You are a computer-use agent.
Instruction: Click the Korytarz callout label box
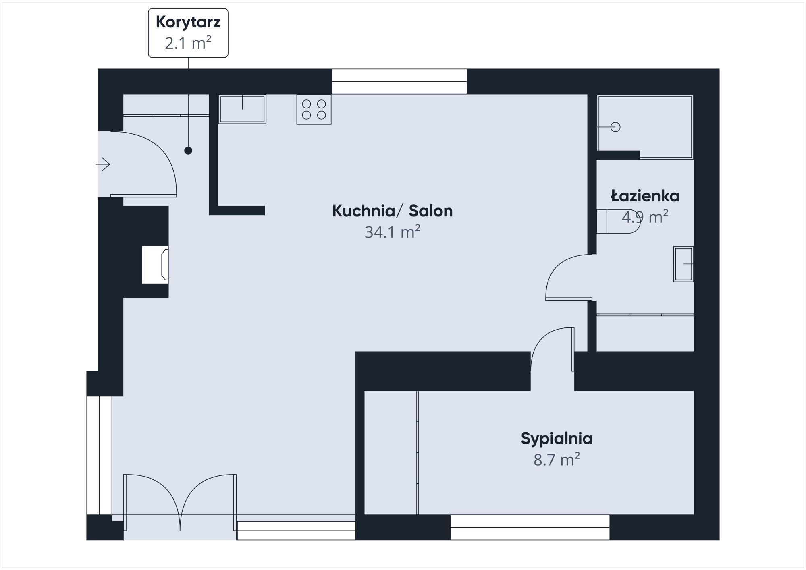click(188, 33)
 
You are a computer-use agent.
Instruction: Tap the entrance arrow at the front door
click(103, 164)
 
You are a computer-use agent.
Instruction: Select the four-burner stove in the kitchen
click(314, 109)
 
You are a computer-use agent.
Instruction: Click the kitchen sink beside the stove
click(242, 109)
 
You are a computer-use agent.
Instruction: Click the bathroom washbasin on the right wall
click(683, 264)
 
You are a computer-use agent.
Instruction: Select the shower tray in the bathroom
click(645, 126)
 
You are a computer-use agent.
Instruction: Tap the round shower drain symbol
click(615, 127)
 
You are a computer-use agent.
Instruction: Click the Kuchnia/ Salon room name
click(392, 211)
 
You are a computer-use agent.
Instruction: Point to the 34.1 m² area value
click(392, 232)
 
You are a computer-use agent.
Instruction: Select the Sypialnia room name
click(557, 438)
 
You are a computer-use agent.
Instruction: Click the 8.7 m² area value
click(557, 460)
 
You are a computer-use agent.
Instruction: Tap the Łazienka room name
click(645, 196)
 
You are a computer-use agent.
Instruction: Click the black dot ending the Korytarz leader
click(188, 151)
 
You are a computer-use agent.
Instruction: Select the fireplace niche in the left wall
click(155, 265)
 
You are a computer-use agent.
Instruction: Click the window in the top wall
click(399, 81)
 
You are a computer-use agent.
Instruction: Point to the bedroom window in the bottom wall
click(530, 527)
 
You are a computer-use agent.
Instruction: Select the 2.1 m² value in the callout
click(188, 43)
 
